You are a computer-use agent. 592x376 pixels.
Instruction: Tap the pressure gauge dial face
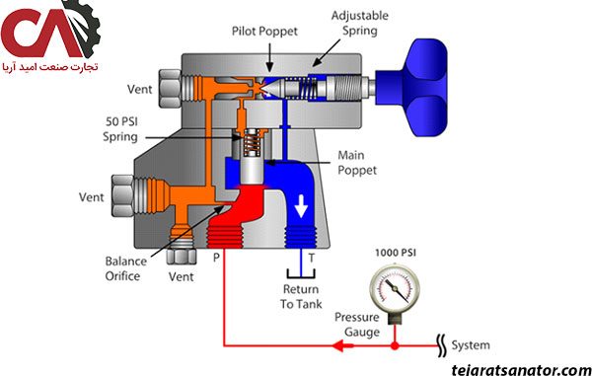395,289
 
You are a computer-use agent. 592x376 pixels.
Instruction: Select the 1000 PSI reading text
396,253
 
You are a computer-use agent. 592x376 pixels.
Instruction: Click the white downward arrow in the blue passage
301,206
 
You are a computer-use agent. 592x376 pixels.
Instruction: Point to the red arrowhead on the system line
342,345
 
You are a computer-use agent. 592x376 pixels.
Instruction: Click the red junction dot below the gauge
395,345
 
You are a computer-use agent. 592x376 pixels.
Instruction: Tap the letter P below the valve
216,258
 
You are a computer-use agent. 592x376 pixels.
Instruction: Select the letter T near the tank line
312,258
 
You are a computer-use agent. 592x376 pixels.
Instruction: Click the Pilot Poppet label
264,32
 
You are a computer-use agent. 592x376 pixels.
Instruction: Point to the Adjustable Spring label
360,23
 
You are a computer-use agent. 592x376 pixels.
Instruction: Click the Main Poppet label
357,163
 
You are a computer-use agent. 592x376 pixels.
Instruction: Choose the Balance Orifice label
125,268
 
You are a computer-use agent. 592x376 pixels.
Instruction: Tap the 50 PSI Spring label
120,128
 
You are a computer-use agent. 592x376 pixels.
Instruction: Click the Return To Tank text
301,297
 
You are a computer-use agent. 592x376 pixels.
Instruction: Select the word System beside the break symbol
471,345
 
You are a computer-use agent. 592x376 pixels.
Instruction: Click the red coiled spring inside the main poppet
251,142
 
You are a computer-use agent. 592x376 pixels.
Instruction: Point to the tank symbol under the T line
301,274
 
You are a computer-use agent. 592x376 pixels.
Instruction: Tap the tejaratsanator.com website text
521,369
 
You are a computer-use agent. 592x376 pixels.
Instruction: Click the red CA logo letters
41,34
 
